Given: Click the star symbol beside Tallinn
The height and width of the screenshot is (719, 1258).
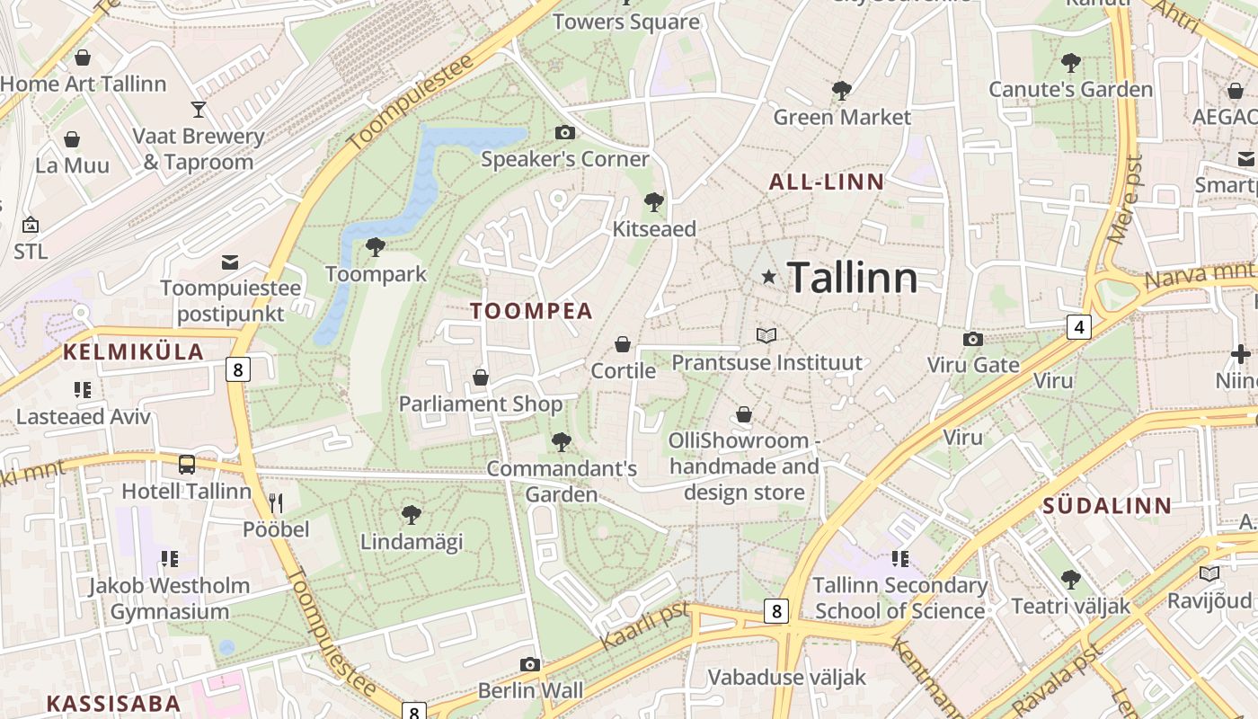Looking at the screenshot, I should tap(768, 277).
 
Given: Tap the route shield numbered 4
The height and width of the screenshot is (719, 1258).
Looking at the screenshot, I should tap(1079, 327).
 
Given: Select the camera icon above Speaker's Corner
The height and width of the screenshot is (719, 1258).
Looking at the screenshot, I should tap(564, 133).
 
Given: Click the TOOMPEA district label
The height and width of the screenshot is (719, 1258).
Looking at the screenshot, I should tap(532, 311).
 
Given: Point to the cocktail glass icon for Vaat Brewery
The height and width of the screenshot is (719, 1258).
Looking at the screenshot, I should tap(199, 110).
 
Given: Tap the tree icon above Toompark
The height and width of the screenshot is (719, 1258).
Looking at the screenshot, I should tap(376, 246).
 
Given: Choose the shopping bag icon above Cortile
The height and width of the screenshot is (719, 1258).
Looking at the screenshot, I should tap(622, 344).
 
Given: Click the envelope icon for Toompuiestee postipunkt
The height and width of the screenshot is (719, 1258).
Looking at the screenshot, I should tap(230, 262).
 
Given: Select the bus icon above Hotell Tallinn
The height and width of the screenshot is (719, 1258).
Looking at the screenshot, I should tap(187, 465).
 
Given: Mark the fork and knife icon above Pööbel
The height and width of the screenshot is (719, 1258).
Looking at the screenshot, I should tap(276, 502).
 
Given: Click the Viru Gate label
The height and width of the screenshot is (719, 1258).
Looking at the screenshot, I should tap(973, 365).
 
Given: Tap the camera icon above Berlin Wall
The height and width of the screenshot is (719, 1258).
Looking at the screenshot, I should tap(530, 664).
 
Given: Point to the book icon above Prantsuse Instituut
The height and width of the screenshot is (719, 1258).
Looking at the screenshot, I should tap(766, 335).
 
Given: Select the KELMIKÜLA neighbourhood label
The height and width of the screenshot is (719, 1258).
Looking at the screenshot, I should tap(133, 352).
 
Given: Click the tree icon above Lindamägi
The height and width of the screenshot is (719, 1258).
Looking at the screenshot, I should tap(412, 514).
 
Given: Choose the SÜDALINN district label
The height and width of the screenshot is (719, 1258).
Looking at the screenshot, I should tap(1107, 505).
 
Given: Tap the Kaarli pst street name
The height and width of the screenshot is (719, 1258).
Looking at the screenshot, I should tap(644, 626).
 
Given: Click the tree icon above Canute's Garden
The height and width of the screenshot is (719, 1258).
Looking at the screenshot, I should tap(1070, 62).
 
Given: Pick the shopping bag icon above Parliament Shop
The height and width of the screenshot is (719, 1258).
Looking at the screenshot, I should tap(481, 377).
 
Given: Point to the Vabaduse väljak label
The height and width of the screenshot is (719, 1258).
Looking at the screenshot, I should tap(786, 677).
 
